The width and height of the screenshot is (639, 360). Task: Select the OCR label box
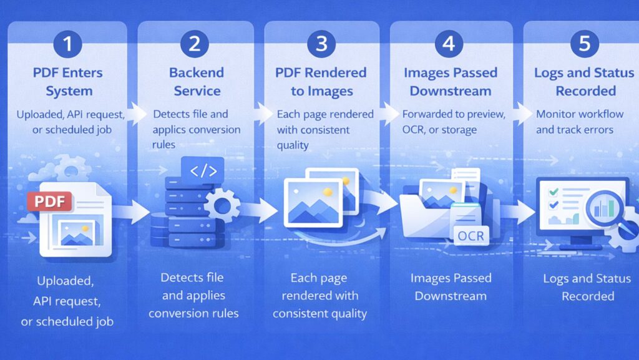pyautogui.click(x=470, y=236)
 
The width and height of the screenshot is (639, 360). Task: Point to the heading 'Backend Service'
pyautogui.click(x=194, y=82)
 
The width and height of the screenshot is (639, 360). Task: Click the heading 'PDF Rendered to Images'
pyautogui.click(x=321, y=82)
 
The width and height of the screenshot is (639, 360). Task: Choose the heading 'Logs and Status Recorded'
pyautogui.click(x=585, y=82)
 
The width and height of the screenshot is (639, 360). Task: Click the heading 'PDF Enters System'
pyautogui.click(x=69, y=82)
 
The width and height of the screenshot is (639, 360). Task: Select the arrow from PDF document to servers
pyautogui.click(x=134, y=212)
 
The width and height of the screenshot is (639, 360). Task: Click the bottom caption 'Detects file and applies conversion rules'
pyautogui.click(x=193, y=295)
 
